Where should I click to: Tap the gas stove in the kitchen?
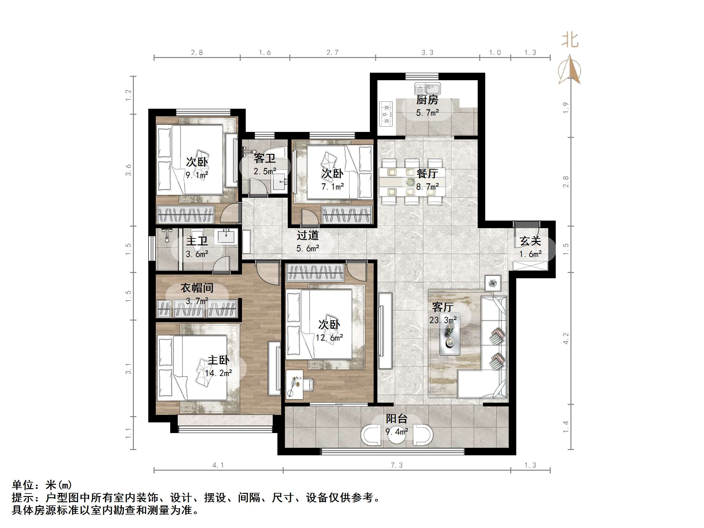point(386,114)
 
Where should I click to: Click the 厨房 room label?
point(427,100)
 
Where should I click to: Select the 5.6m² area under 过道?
point(307,248)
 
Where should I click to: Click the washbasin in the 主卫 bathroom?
point(226,237)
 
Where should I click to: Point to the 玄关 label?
point(530,241)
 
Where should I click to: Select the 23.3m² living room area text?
point(443,320)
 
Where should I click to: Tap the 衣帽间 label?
point(197,288)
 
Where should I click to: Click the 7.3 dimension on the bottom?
point(397,465)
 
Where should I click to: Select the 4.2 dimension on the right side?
point(565,338)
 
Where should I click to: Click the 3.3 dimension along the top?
point(427,53)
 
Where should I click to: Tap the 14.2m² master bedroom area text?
point(218,373)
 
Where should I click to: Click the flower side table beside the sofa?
point(493,283)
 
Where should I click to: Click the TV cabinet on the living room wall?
point(385,331)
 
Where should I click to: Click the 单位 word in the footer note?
point(23,485)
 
